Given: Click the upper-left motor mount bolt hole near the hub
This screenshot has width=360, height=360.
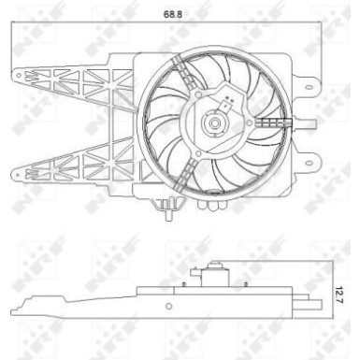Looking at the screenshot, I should tap(197, 103).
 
